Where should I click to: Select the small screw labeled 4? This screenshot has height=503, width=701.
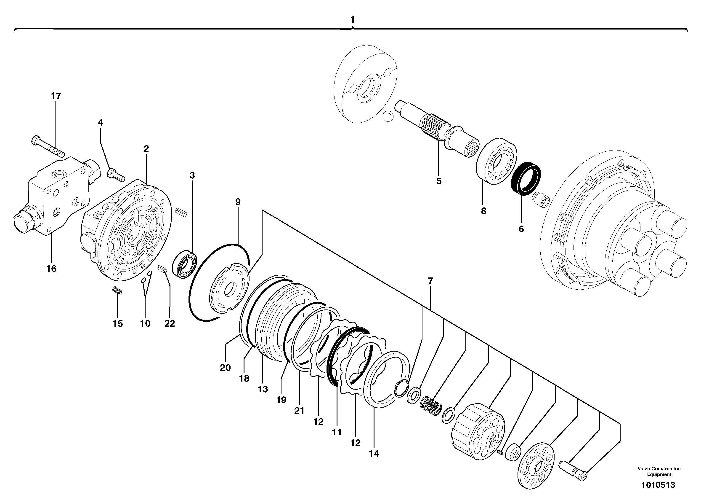[116, 175]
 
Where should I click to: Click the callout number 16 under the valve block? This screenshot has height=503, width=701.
[51, 269]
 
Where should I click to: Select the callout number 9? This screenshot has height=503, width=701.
[237, 202]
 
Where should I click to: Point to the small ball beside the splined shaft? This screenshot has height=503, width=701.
[388, 117]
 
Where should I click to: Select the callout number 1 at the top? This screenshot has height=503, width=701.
[352, 19]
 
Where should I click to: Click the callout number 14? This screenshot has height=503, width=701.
[374, 454]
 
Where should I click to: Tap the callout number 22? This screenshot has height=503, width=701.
[170, 324]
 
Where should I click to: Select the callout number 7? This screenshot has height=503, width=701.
[430, 281]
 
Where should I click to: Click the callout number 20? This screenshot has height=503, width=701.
[225, 368]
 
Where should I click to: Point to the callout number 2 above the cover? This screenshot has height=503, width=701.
[146, 149]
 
